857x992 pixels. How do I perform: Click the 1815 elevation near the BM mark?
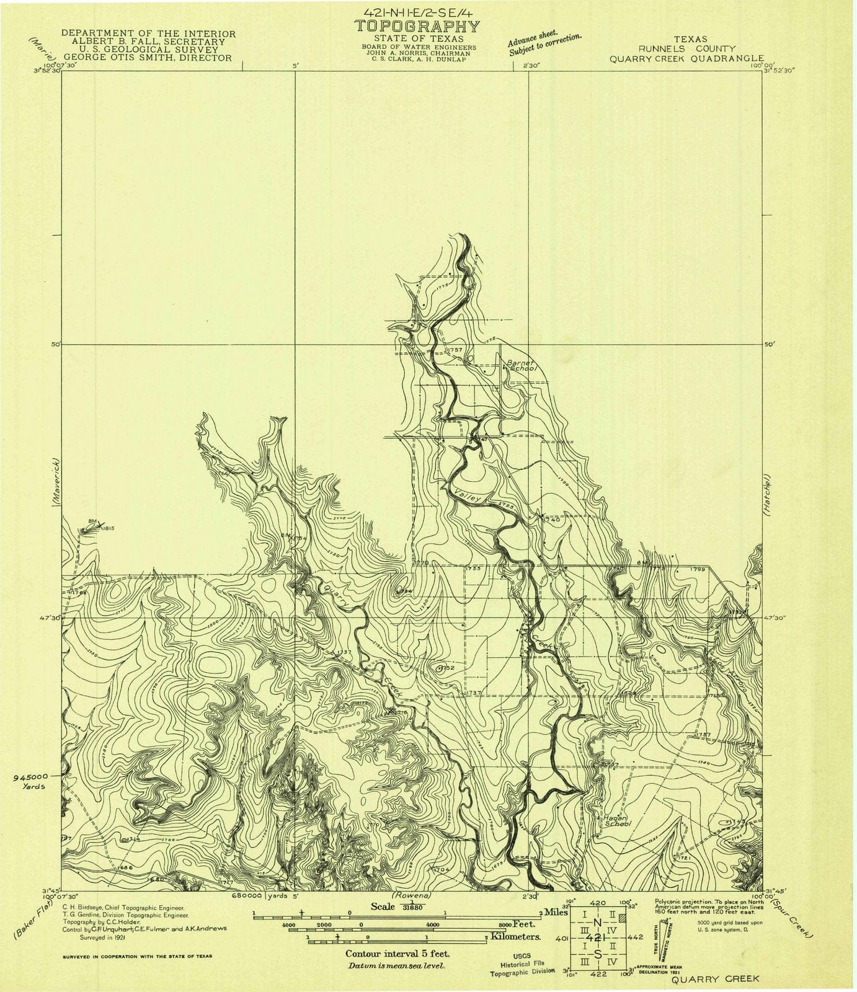(110, 528)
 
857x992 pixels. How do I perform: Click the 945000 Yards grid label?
(30, 780)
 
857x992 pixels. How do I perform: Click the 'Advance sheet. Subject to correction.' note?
(544, 43)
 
